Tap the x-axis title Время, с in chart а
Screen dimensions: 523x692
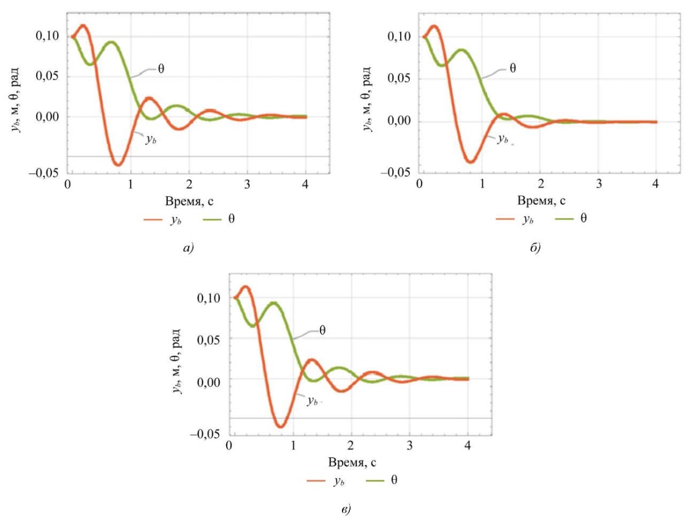coord(188,201)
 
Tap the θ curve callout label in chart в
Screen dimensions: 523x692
coord(323,330)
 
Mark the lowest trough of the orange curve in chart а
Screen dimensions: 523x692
coord(118,164)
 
